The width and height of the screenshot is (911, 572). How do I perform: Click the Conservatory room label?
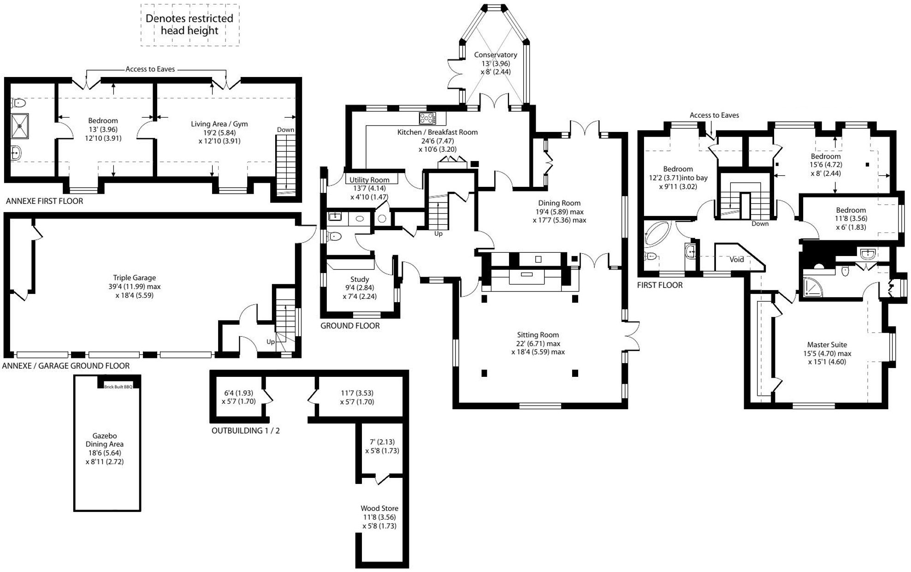pyautogui.click(x=496, y=55)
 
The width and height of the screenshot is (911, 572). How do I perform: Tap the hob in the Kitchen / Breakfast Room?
pyautogui.click(x=427, y=118)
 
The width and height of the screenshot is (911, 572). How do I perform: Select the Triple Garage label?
pyautogui.click(x=135, y=278)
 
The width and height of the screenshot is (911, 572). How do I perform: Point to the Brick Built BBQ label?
pyautogui.click(x=118, y=387)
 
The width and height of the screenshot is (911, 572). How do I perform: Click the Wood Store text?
pyautogui.click(x=379, y=508)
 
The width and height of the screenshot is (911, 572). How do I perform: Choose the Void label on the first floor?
pyautogui.click(x=737, y=259)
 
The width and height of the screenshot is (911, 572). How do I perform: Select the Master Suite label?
pyautogui.click(x=827, y=345)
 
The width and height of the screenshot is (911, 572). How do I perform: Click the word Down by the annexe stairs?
pyautogui.click(x=285, y=130)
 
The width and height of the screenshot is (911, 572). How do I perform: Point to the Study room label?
pyautogui.click(x=360, y=279)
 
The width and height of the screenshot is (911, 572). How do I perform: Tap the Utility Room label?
pyautogui.click(x=369, y=180)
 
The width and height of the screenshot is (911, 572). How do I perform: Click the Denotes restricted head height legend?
pyautogui.click(x=189, y=24)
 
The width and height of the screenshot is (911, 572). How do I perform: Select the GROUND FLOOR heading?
pyautogui.click(x=350, y=326)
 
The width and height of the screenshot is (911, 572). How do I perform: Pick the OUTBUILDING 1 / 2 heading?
pyautogui.click(x=246, y=431)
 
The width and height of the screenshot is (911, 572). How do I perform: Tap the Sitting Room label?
pyautogui.click(x=538, y=335)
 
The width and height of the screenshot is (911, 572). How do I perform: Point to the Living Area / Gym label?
pyautogui.click(x=219, y=124)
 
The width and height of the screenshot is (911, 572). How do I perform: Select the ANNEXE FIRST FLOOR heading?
pyautogui.click(x=44, y=201)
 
